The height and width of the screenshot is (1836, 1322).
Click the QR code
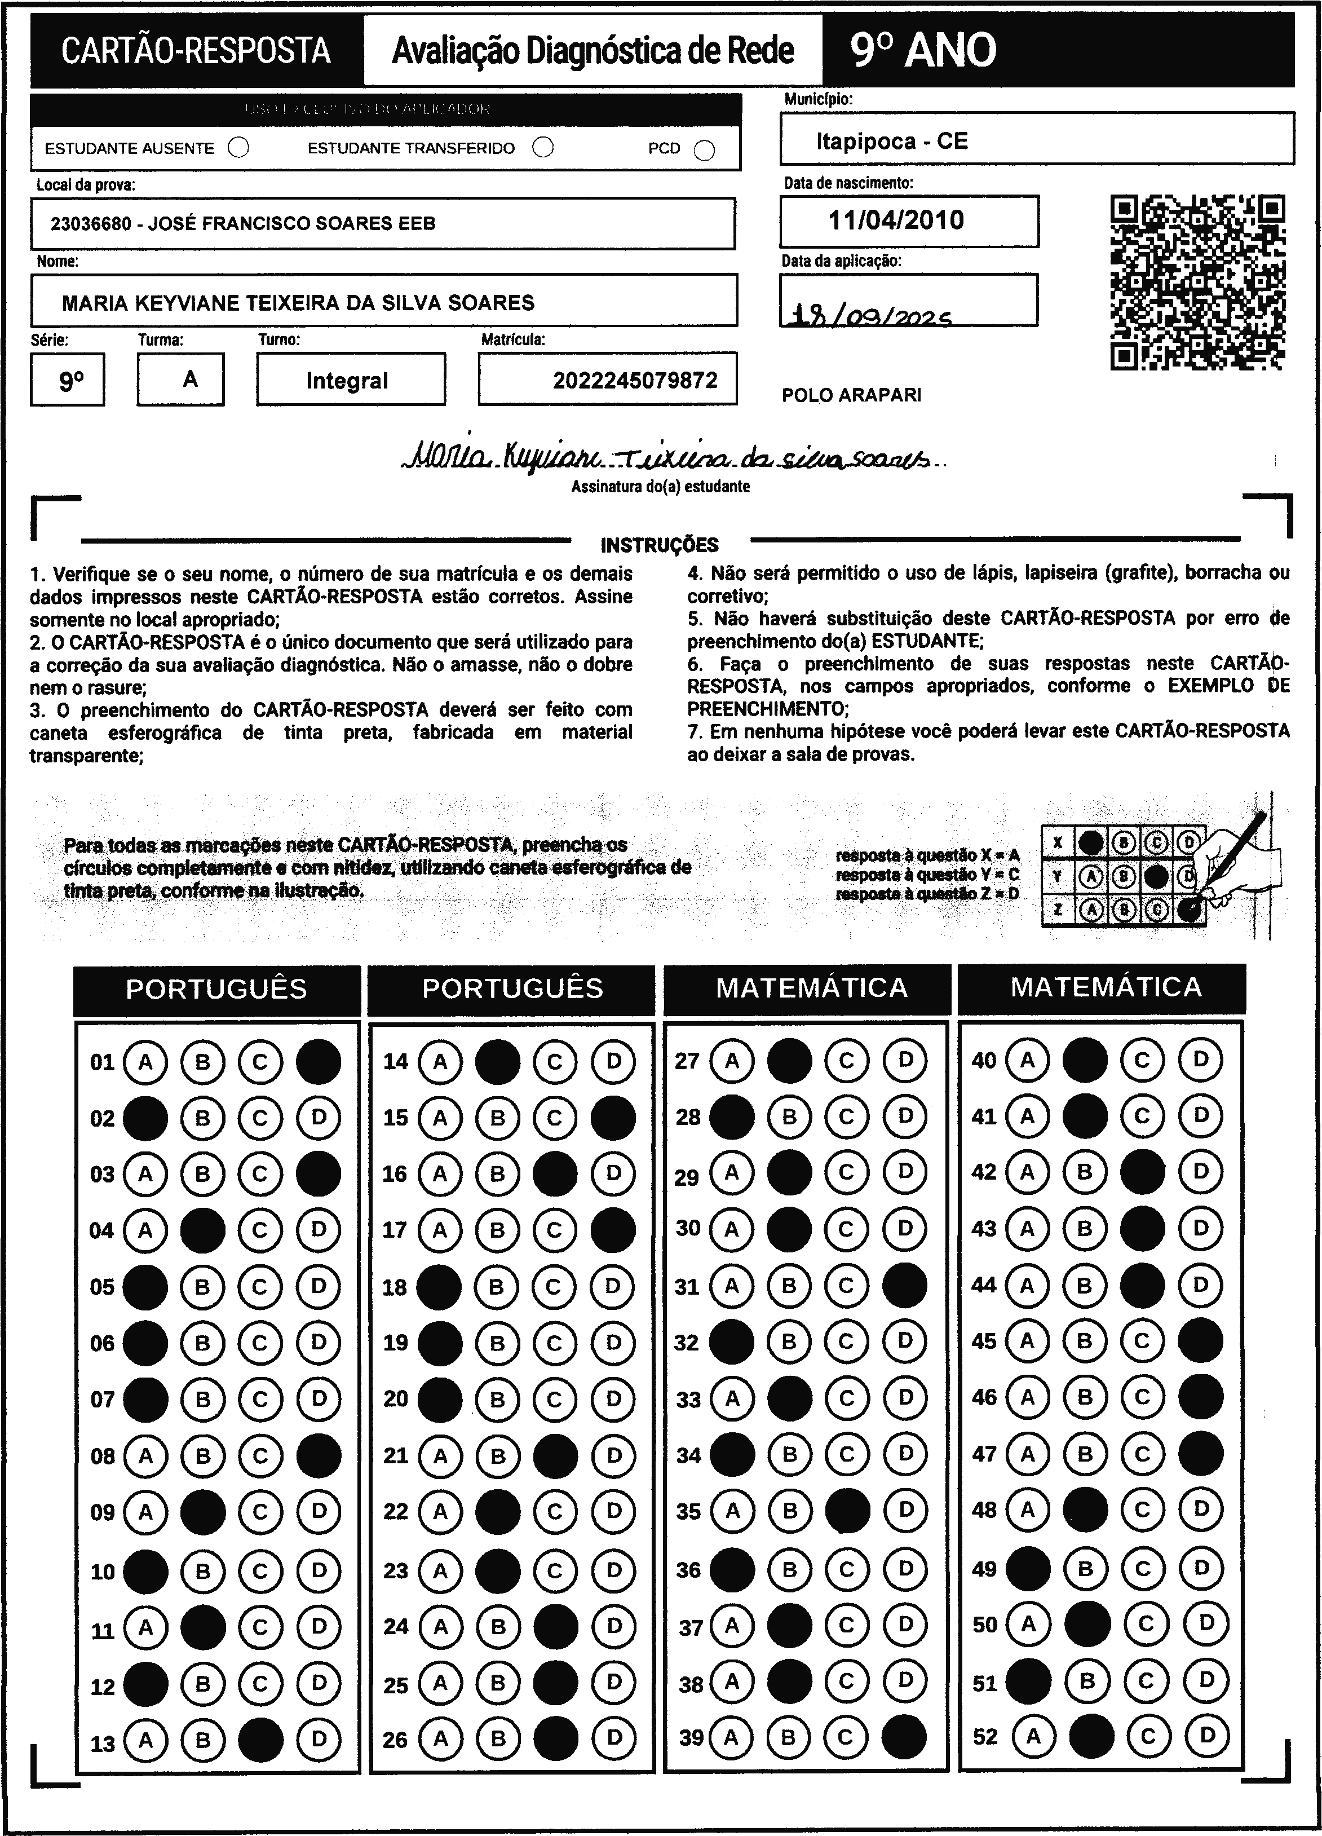pyautogui.click(x=1197, y=283)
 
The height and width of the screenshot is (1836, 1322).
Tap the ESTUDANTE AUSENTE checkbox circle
pyautogui.click(x=239, y=148)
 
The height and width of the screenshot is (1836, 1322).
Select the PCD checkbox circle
pyautogui.click(x=704, y=151)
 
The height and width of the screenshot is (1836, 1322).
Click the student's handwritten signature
pyautogui.click(x=672, y=459)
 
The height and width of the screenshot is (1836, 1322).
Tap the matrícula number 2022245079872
pyautogui.click(x=635, y=381)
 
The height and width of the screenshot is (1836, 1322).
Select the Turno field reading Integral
pyautogui.click(x=347, y=381)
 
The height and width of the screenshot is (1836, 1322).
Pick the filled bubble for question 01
pyautogui.click(x=318, y=1061)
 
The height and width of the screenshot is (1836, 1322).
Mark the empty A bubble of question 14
pyautogui.click(x=440, y=1061)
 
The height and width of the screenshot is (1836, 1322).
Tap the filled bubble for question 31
pyautogui.click(x=904, y=1286)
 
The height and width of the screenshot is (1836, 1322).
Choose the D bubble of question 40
pyautogui.click(x=1201, y=1059)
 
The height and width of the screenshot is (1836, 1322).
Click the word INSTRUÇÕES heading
pyautogui.click(x=660, y=545)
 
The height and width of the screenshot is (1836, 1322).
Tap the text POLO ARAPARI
pyautogui.click(x=851, y=395)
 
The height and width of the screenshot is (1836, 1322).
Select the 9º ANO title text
pyautogui.click(x=923, y=51)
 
